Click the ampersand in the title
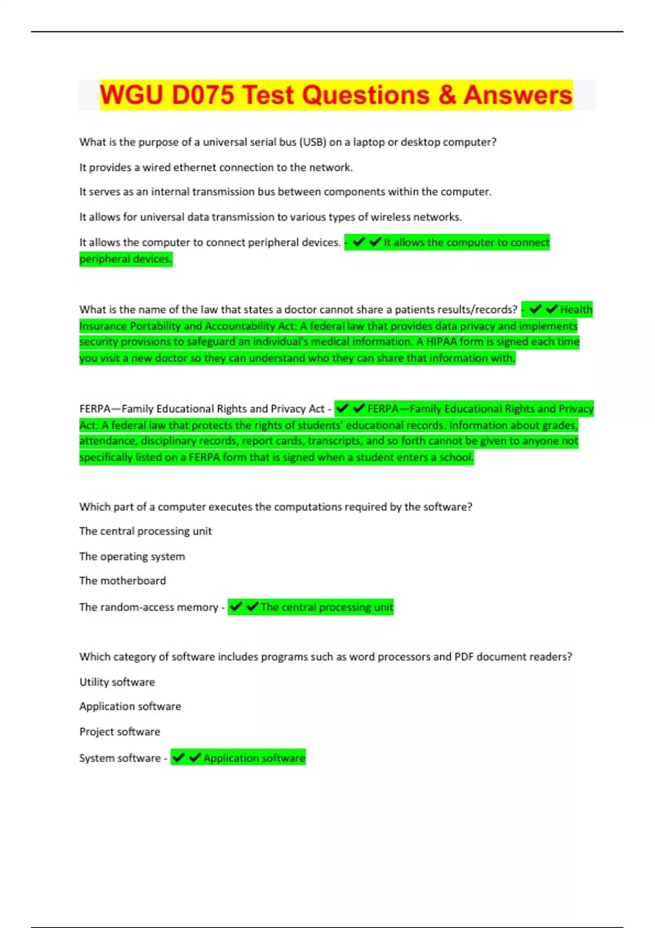coord(447,95)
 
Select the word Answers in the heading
coord(517,95)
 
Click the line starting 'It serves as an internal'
coord(285,192)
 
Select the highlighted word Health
coord(576,310)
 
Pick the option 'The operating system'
coord(132,557)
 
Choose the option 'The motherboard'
coord(122,581)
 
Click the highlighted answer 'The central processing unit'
coord(326,607)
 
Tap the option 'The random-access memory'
coord(148,607)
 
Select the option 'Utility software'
coord(117,682)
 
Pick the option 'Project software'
coord(120,732)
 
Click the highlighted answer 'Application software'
coord(254,758)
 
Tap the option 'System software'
coord(120,758)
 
